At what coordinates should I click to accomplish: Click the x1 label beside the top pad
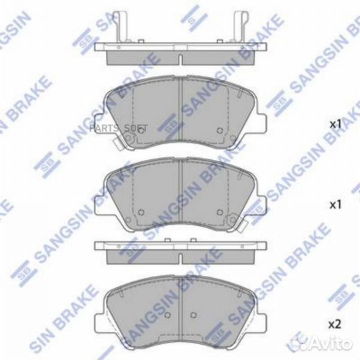(335, 124)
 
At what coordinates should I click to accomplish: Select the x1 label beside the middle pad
(335, 203)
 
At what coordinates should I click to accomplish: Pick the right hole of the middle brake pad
(220, 213)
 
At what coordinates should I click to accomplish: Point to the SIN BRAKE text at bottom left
(30, 333)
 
